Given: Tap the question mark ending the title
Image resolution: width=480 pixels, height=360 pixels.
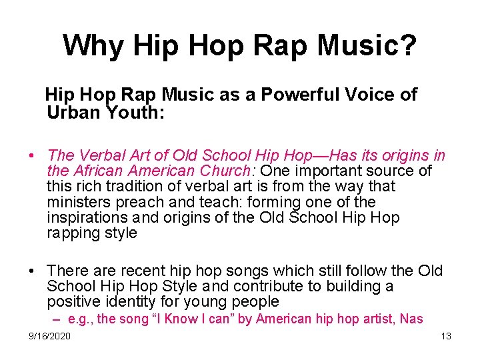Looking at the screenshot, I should coord(408,45).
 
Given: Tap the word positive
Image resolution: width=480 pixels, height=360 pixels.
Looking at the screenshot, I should coord(70,301).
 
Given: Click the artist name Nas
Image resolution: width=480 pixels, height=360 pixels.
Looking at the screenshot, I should coord(411,319).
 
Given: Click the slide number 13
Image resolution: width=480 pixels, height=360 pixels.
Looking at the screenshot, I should coord(446,336).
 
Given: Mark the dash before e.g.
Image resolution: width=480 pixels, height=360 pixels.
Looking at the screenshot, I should coord(58,319).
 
